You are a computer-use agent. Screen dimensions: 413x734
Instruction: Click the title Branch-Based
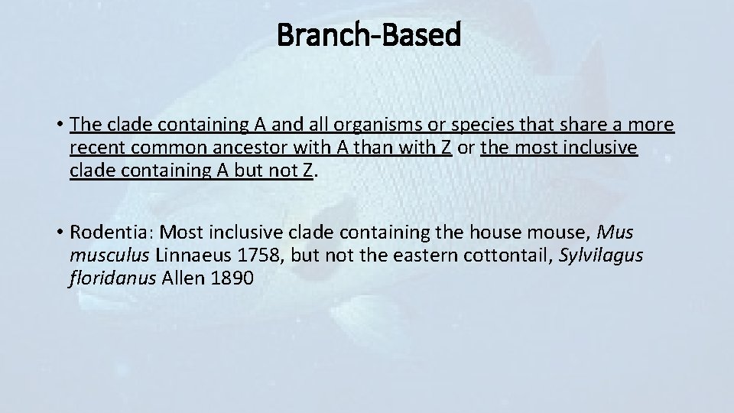(369, 34)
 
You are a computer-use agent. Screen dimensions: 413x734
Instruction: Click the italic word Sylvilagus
(601, 255)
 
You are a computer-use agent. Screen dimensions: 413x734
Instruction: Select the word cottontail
(508, 255)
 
